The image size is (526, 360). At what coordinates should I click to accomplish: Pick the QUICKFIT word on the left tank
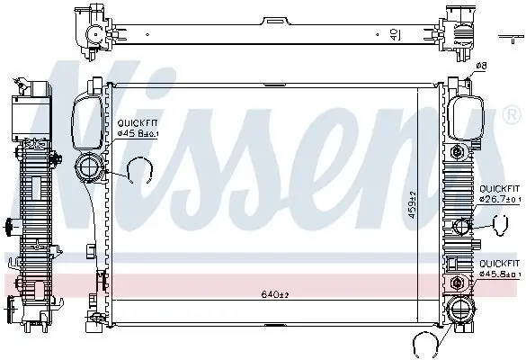[x=134, y=125]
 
